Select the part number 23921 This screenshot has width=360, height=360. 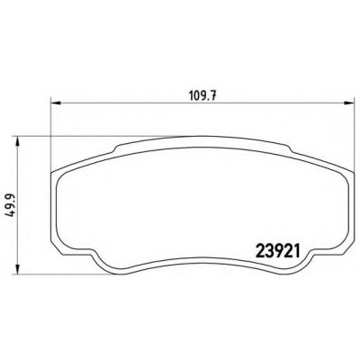(277, 251)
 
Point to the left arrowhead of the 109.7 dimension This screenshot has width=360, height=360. (56, 103)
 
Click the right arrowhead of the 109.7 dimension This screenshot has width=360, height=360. (349, 103)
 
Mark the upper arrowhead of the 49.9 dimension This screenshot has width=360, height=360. (18, 142)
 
